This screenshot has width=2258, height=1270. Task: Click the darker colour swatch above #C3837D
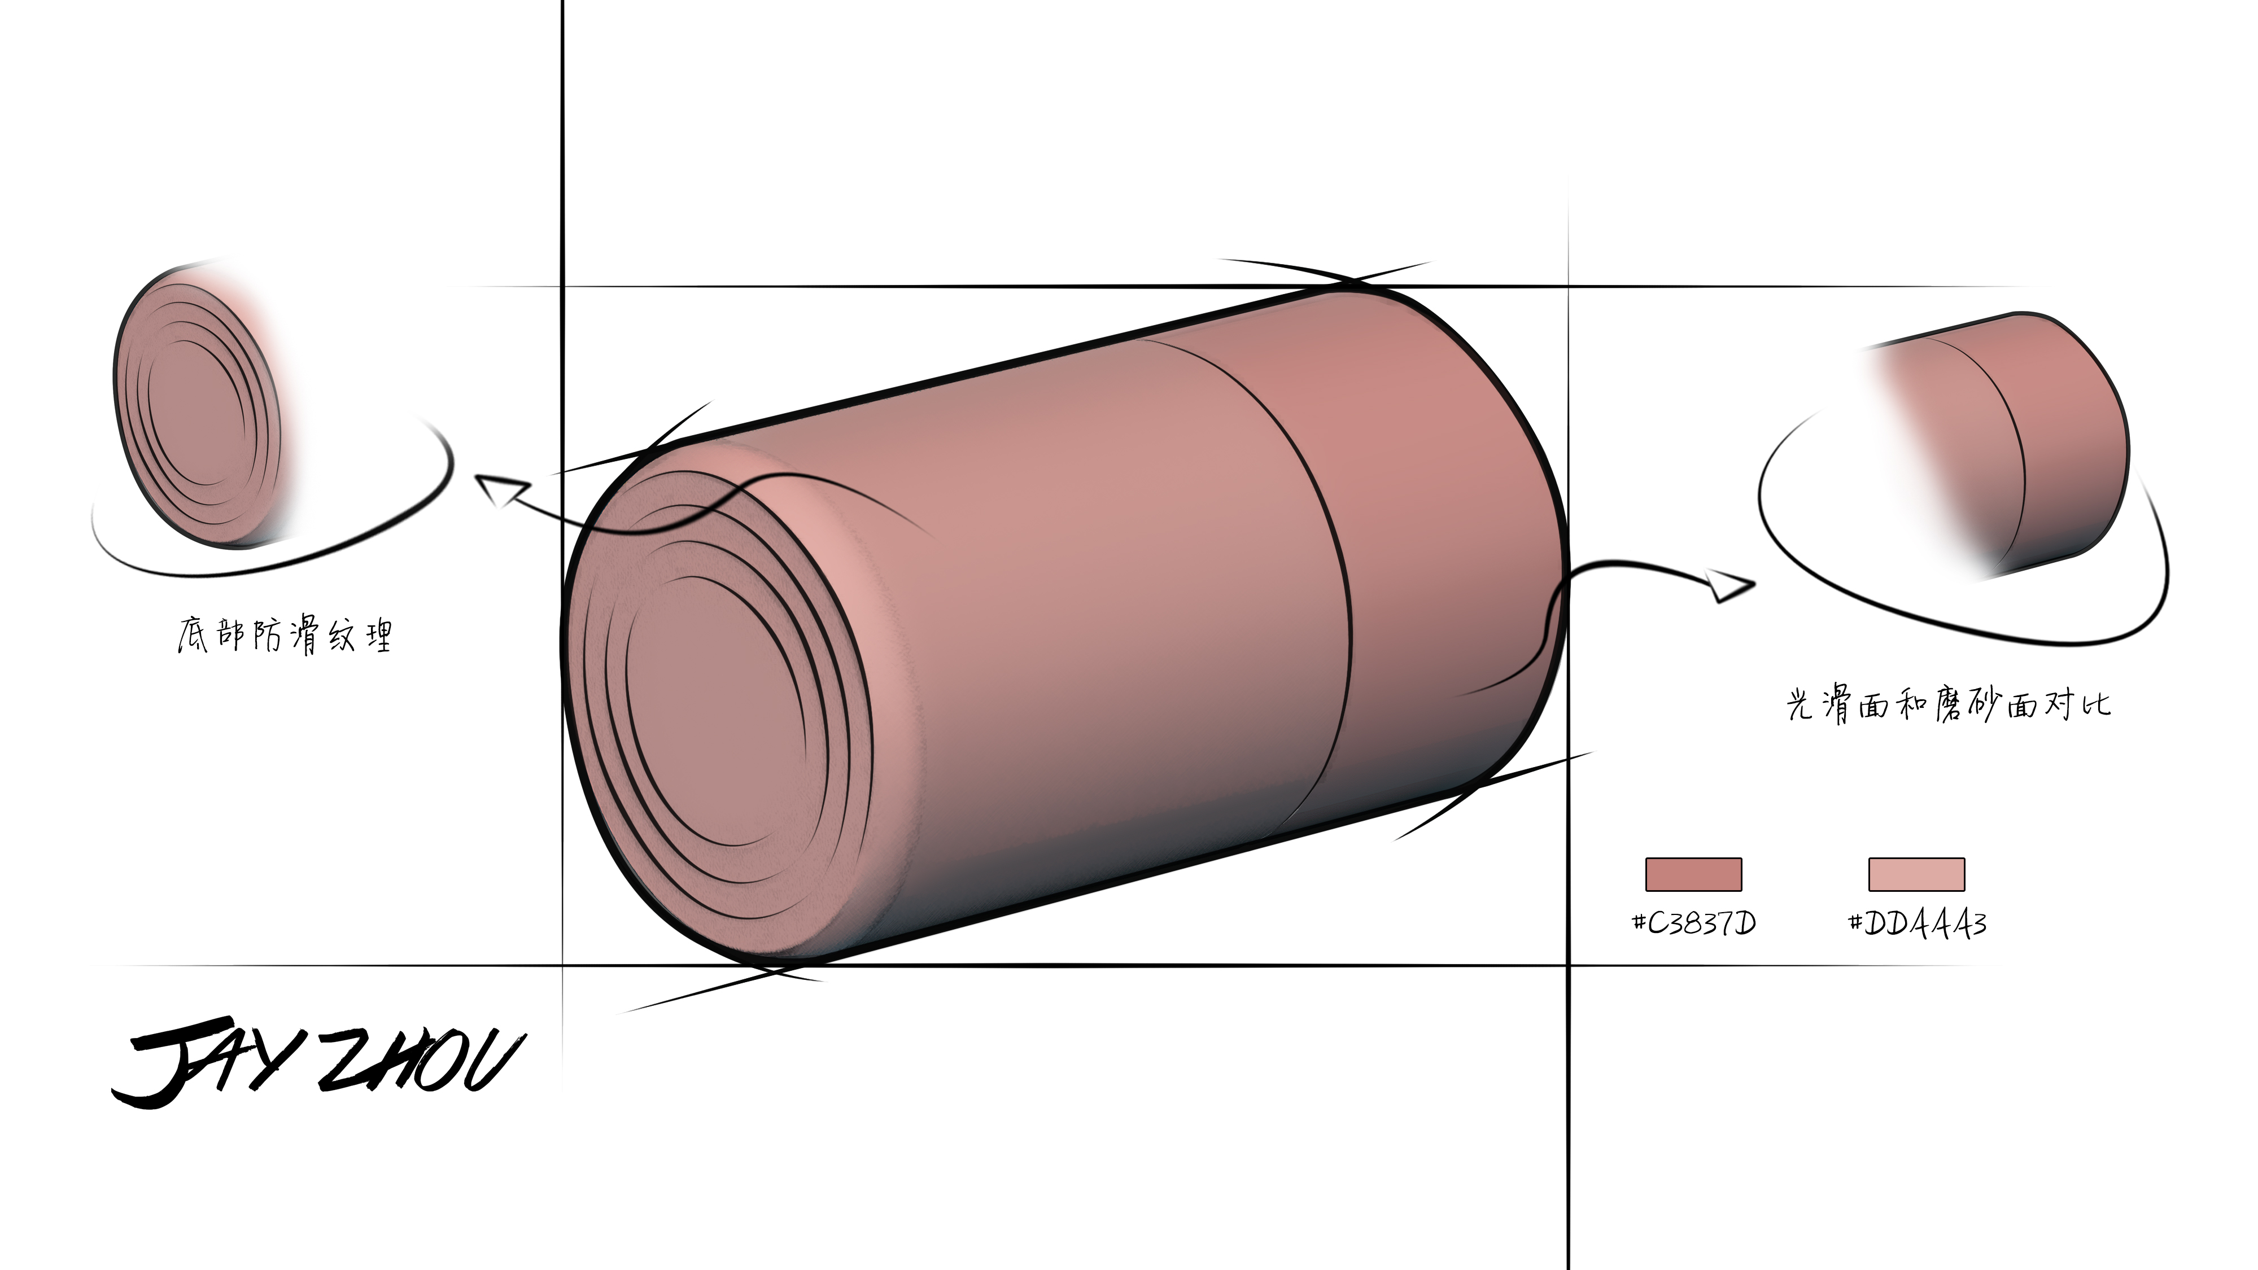click(1693, 874)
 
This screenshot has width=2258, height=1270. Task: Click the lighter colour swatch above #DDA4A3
click(1916, 874)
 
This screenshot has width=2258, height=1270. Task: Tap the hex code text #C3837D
click(1693, 923)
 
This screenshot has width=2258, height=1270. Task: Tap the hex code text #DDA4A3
click(1917, 923)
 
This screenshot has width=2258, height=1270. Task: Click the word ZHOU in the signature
click(421, 1062)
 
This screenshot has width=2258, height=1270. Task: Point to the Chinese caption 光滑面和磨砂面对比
click(1947, 704)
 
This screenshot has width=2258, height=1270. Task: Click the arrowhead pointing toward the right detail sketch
click(1728, 585)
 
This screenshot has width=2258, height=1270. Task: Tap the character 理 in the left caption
click(379, 636)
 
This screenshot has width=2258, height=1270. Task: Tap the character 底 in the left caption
click(193, 634)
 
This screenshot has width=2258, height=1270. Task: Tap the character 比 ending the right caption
click(2096, 704)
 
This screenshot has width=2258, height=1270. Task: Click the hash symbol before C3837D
click(1639, 922)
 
